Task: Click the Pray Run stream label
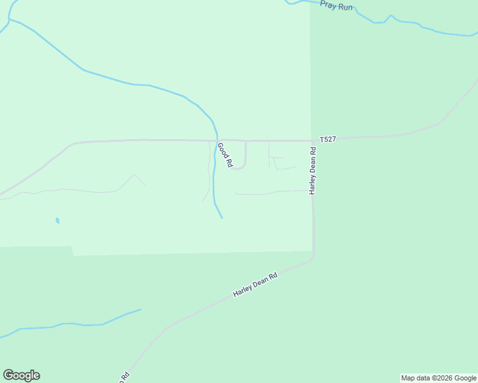(x=336, y=6)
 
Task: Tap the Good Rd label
(x=223, y=155)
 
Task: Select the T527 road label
(x=328, y=139)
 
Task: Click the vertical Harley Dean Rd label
(x=313, y=171)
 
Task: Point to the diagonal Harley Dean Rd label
(x=255, y=285)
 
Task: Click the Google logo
(x=21, y=375)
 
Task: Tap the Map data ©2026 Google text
(x=438, y=378)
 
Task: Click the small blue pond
(x=58, y=221)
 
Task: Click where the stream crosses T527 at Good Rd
(x=217, y=140)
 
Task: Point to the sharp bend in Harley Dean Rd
(x=313, y=257)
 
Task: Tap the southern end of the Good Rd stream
(x=222, y=218)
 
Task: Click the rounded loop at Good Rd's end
(x=239, y=168)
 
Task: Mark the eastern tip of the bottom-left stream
(x=140, y=310)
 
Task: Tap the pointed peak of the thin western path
(x=134, y=175)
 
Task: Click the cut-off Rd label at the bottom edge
(x=125, y=377)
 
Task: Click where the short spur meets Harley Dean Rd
(x=312, y=190)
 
